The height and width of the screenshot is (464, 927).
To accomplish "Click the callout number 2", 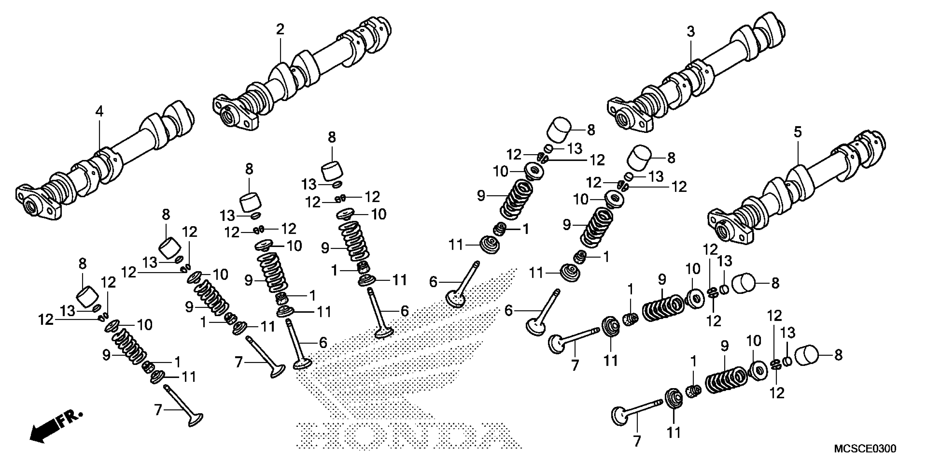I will (x=280, y=29).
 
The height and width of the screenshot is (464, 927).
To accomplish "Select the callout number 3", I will (x=690, y=32).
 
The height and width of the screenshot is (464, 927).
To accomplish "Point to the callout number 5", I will (x=797, y=132).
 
